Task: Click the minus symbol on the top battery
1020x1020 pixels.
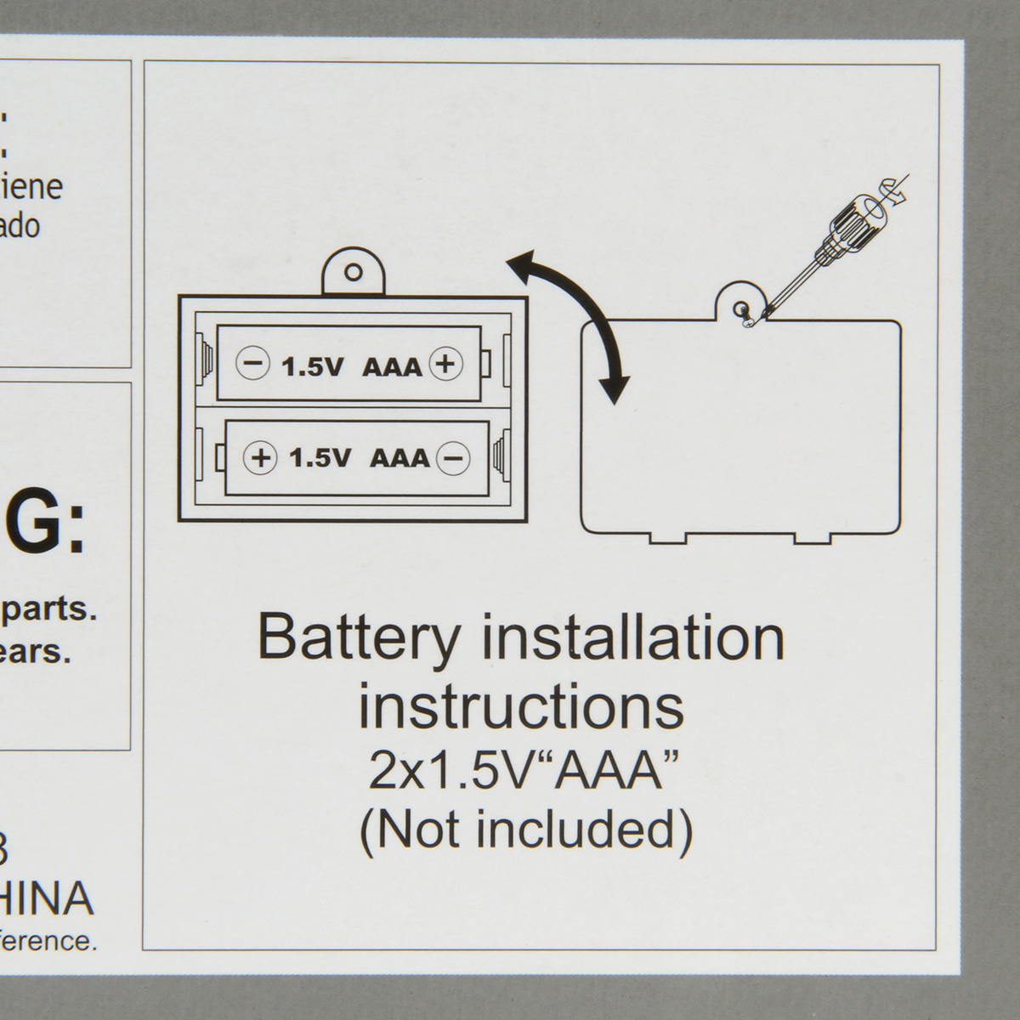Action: (x=252, y=364)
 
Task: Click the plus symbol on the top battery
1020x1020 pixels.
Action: (x=445, y=364)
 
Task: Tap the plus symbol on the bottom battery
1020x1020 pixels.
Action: (x=260, y=457)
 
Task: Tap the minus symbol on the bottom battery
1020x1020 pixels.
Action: (x=453, y=457)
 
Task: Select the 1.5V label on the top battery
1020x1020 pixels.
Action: (x=312, y=366)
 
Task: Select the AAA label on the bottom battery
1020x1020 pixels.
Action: (x=400, y=458)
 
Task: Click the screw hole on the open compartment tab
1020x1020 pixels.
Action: (x=354, y=273)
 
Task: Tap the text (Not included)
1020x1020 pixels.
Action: (x=526, y=830)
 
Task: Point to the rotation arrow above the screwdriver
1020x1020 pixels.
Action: (x=897, y=188)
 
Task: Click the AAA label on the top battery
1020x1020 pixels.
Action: (x=392, y=366)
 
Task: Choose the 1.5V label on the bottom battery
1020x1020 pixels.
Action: (x=320, y=458)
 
